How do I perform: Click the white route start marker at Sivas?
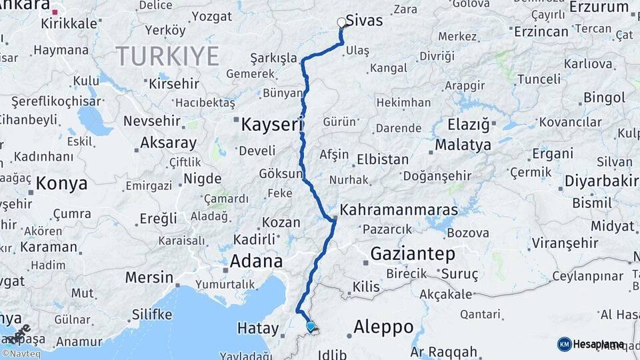[342, 23]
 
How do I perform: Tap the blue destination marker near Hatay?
[310, 325]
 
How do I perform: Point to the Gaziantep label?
[412, 253]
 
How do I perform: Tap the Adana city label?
[256, 261]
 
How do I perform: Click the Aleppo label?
[383, 327]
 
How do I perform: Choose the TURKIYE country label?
[167, 56]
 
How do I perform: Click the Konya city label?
[62, 183]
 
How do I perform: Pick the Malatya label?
[463, 145]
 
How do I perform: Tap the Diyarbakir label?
[601, 182]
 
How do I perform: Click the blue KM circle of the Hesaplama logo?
[564, 344]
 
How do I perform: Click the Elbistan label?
[383, 160]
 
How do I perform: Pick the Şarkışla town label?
[274, 59]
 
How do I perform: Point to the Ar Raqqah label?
[444, 351]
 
